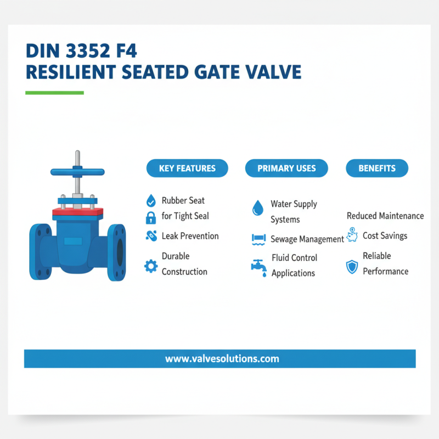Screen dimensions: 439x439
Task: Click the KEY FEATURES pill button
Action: [x=187, y=168]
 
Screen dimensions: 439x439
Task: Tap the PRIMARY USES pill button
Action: [x=286, y=168]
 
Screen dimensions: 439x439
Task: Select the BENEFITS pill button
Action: [x=377, y=168]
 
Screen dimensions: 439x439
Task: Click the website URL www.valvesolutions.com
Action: [x=222, y=359]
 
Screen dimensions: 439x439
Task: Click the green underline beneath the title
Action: [x=54, y=93]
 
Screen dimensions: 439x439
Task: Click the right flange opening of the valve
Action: [x=120, y=251]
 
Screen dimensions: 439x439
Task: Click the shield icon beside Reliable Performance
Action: [x=352, y=267]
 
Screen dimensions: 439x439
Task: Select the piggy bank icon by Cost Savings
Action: [x=353, y=235]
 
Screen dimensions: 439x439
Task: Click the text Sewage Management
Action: [x=307, y=239]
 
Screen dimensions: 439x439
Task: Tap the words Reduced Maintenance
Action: [x=385, y=216]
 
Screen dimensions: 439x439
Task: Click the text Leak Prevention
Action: [x=190, y=236]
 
